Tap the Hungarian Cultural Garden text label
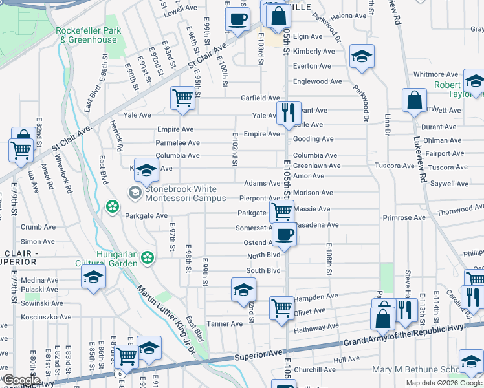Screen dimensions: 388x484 tap(117, 259)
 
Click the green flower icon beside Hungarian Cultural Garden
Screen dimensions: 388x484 tap(148, 258)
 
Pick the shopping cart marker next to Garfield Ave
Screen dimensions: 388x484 tap(183, 99)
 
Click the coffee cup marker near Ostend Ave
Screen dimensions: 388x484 tap(283, 235)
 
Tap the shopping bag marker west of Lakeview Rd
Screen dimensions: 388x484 tap(413, 101)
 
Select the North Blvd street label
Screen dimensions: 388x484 tap(263, 256)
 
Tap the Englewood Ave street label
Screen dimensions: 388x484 tap(317, 81)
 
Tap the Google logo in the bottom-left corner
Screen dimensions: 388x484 tap(21, 380)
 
